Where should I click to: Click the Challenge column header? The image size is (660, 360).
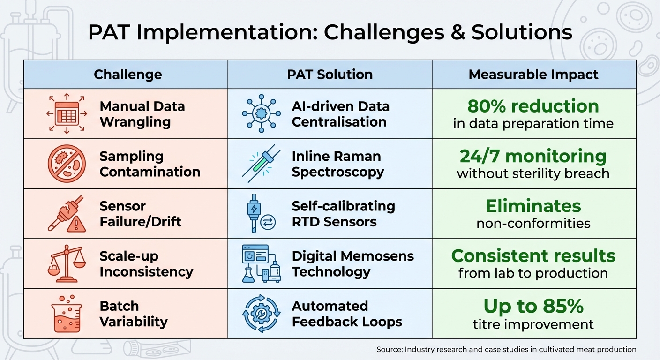(127, 75)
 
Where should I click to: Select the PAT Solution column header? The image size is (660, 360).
(330, 75)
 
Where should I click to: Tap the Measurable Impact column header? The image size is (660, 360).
(533, 75)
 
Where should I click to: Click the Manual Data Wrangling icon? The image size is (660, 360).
(67, 114)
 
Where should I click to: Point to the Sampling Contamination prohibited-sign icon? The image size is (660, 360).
(67, 164)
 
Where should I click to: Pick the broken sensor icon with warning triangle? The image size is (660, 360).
(67, 214)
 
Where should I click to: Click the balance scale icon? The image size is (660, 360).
(67, 264)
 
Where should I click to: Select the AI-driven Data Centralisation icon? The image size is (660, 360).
(261, 114)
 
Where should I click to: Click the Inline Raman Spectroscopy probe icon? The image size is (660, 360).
(261, 164)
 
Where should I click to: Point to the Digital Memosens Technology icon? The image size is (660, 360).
(261, 264)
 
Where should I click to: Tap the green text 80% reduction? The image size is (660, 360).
(533, 106)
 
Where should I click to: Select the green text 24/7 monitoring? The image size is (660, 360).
(533, 156)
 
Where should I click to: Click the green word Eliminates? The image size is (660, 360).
(533, 206)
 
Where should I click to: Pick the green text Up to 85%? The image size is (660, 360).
(533, 307)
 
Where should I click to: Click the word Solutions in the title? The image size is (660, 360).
(522, 33)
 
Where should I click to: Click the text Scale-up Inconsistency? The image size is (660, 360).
(146, 264)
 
